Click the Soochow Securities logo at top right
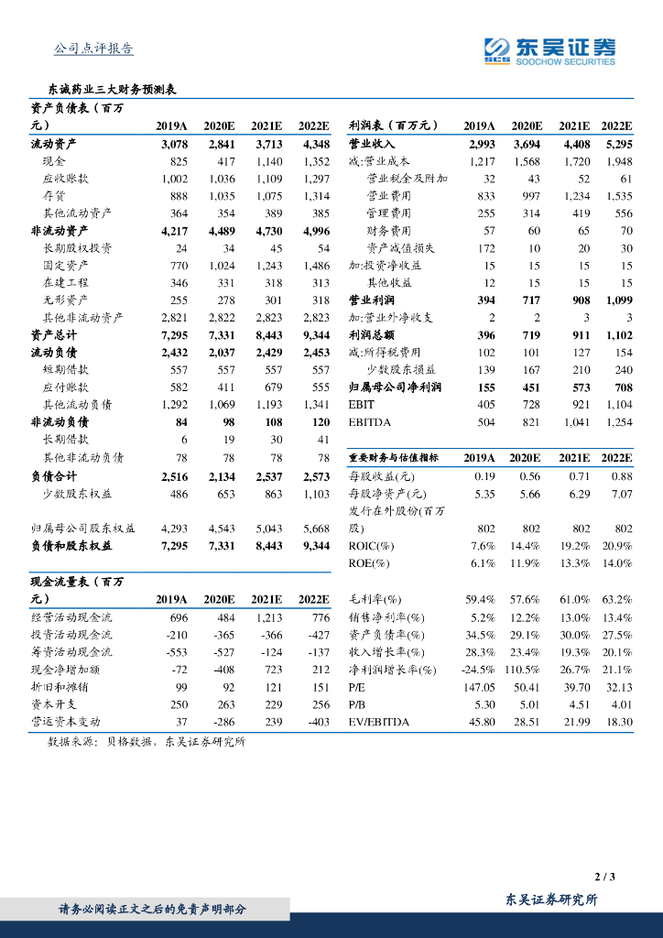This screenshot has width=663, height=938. coord(549,51)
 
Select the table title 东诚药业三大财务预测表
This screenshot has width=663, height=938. coord(112,90)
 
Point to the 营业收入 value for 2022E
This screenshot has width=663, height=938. coord(617,144)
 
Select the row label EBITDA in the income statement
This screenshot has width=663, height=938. coord(368,422)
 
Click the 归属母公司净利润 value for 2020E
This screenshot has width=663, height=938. coord(527,387)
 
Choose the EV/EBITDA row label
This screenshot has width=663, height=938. coord(379,722)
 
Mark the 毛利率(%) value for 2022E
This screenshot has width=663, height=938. coord(618,599)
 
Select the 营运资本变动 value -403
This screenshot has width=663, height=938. coord(315,722)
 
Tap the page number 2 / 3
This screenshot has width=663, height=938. coord(604,877)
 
